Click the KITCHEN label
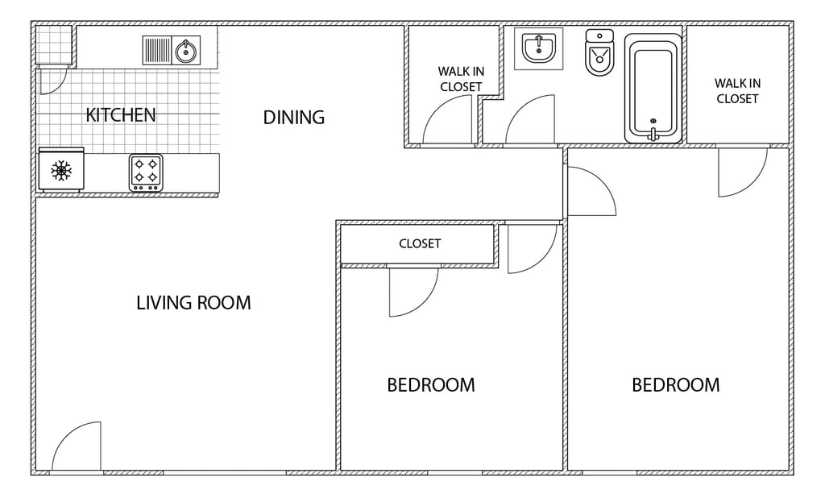[x=121, y=114]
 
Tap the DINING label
[x=293, y=117]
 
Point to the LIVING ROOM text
[x=193, y=302]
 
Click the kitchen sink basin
[x=186, y=51]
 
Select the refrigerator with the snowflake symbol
[x=61, y=169]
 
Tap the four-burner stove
[x=146, y=172]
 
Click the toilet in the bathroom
[x=599, y=52]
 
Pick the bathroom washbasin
[x=538, y=48]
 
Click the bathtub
[x=653, y=88]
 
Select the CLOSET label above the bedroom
[x=420, y=243]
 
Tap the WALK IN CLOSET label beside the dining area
[x=461, y=79]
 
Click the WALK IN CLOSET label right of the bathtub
[x=738, y=90]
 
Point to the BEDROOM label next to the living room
[x=431, y=385]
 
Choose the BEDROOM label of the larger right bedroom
[x=676, y=385]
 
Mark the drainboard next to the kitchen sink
[x=158, y=51]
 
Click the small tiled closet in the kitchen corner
[x=54, y=44]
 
